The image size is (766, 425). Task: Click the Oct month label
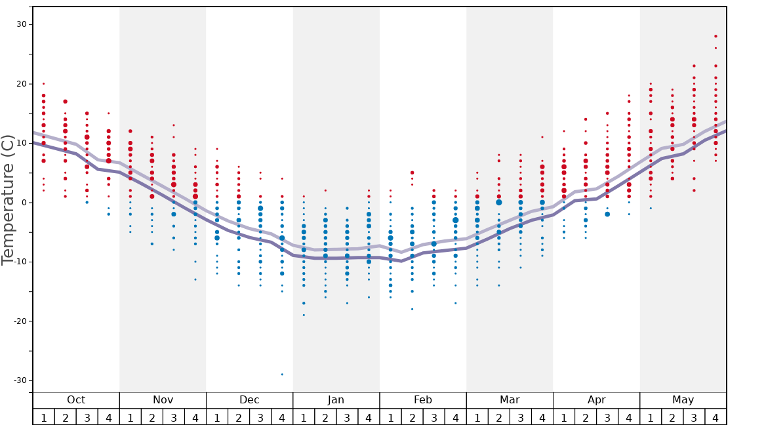pyautogui.click(x=76, y=400)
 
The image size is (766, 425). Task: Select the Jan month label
pyautogui.click(x=336, y=400)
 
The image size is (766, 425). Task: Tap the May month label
pyautogui.click(x=683, y=400)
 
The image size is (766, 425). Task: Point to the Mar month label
pyautogui.click(x=510, y=400)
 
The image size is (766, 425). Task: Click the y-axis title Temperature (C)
pyautogui.click(x=8, y=200)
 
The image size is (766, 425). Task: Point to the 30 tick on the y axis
pyautogui.click(x=22, y=24)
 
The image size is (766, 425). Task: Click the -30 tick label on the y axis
pyautogui.click(x=19, y=380)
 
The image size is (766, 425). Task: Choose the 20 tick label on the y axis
pyautogui.click(x=22, y=84)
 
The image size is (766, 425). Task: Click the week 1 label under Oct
pyautogui.click(x=44, y=418)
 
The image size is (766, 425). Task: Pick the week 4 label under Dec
pyautogui.click(x=282, y=418)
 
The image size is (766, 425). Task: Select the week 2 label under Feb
pyautogui.click(x=412, y=418)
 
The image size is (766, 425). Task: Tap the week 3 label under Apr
pyautogui.click(x=607, y=418)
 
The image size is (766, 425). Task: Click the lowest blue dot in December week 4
pyautogui.click(x=282, y=374)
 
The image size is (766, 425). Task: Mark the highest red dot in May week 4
pyautogui.click(x=716, y=36)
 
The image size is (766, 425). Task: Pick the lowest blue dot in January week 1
pyautogui.click(x=304, y=315)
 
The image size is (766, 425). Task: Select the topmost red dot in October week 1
pyautogui.click(x=44, y=83)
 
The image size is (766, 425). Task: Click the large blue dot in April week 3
pyautogui.click(x=607, y=214)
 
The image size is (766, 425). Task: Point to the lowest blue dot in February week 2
pyautogui.click(x=412, y=309)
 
